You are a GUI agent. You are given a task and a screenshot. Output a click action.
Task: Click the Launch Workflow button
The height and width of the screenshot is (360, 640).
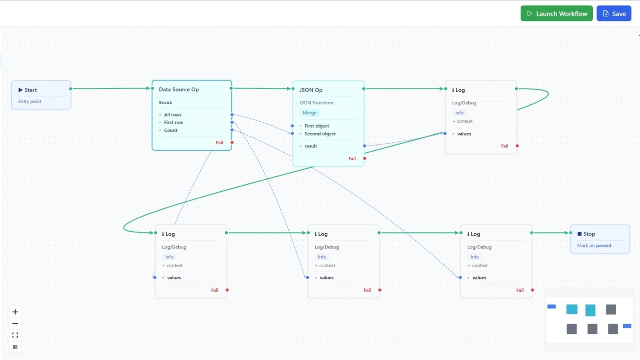pyautogui.click(x=556, y=14)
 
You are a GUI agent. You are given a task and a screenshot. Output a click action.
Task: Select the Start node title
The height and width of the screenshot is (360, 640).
pyautogui.click(x=30, y=90)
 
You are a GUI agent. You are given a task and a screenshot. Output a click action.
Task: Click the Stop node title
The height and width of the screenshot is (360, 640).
pyautogui.click(x=589, y=234)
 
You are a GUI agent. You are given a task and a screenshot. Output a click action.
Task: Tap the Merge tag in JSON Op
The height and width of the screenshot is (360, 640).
pyautogui.click(x=310, y=113)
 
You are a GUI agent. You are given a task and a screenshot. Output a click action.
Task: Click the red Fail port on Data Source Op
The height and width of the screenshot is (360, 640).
pyautogui.click(x=232, y=142)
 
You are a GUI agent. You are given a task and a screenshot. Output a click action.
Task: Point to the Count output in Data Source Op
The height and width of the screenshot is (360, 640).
pyautogui.click(x=170, y=130)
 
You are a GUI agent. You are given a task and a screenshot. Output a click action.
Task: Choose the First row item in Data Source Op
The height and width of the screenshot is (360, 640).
pyautogui.click(x=173, y=122)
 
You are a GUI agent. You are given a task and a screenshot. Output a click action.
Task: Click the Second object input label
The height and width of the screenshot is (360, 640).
pyautogui.click(x=320, y=134)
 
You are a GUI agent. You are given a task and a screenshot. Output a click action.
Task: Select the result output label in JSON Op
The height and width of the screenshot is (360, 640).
pyautogui.click(x=310, y=146)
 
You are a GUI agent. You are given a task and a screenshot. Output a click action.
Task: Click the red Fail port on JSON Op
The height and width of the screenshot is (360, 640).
pyautogui.click(x=364, y=158)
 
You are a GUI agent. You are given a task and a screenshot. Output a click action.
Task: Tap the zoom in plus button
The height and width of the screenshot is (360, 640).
pyautogui.click(x=15, y=312)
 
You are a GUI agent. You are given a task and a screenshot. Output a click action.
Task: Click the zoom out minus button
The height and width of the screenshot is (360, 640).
pyautogui.click(x=15, y=323)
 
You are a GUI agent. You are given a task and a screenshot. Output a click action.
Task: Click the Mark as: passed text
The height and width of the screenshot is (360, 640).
pyautogui.click(x=594, y=246)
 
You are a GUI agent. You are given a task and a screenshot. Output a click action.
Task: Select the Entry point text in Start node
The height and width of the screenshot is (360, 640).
pyautogui.click(x=30, y=102)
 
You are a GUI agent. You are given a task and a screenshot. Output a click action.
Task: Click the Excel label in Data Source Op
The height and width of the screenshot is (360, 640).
pyautogui.click(x=165, y=102)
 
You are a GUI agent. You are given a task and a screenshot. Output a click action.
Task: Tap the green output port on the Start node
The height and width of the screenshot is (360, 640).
pyautogui.click(x=70, y=89)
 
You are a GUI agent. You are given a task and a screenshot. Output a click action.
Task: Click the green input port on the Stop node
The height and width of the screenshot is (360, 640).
pyautogui.click(x=571, y=233)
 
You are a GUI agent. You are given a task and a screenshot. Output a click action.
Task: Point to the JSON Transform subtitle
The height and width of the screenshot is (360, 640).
pyautogui.click(x=316, y=103)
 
